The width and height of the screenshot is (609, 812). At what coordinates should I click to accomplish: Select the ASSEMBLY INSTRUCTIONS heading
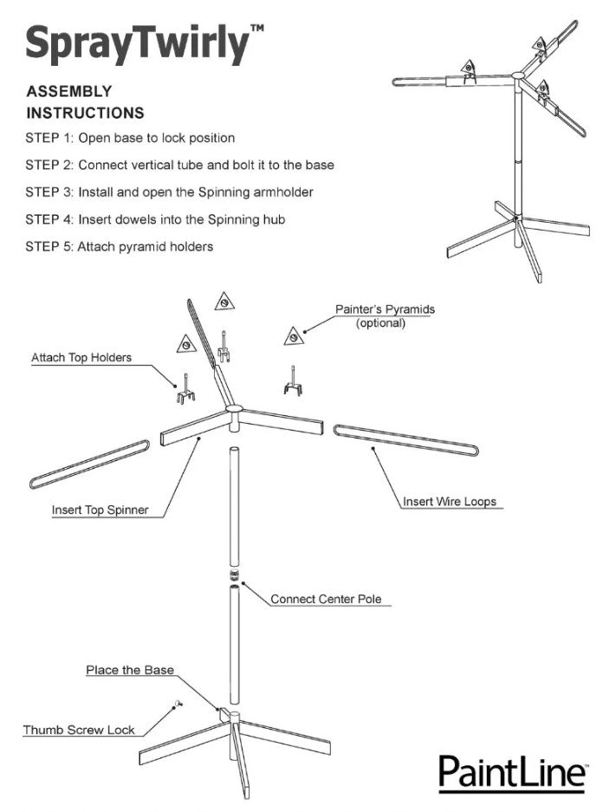[85, 101]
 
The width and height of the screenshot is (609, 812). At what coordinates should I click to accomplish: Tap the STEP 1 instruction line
[130, 138]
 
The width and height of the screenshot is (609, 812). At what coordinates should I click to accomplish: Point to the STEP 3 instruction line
[169, 192]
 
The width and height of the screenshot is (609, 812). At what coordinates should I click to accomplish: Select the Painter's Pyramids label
[385, 316]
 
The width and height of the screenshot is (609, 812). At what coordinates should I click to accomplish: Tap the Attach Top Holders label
[81, 358]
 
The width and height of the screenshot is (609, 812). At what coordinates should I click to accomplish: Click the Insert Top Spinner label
[100, 510]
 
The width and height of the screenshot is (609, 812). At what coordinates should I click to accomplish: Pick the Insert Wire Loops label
[449, 502]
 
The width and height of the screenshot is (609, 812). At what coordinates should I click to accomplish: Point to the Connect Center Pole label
[326, 599]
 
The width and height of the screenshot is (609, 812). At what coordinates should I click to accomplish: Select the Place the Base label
[130, 670]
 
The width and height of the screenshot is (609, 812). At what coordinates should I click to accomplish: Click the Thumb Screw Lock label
[79, 730]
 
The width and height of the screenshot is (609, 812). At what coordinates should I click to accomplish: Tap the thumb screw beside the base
[177, 705]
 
